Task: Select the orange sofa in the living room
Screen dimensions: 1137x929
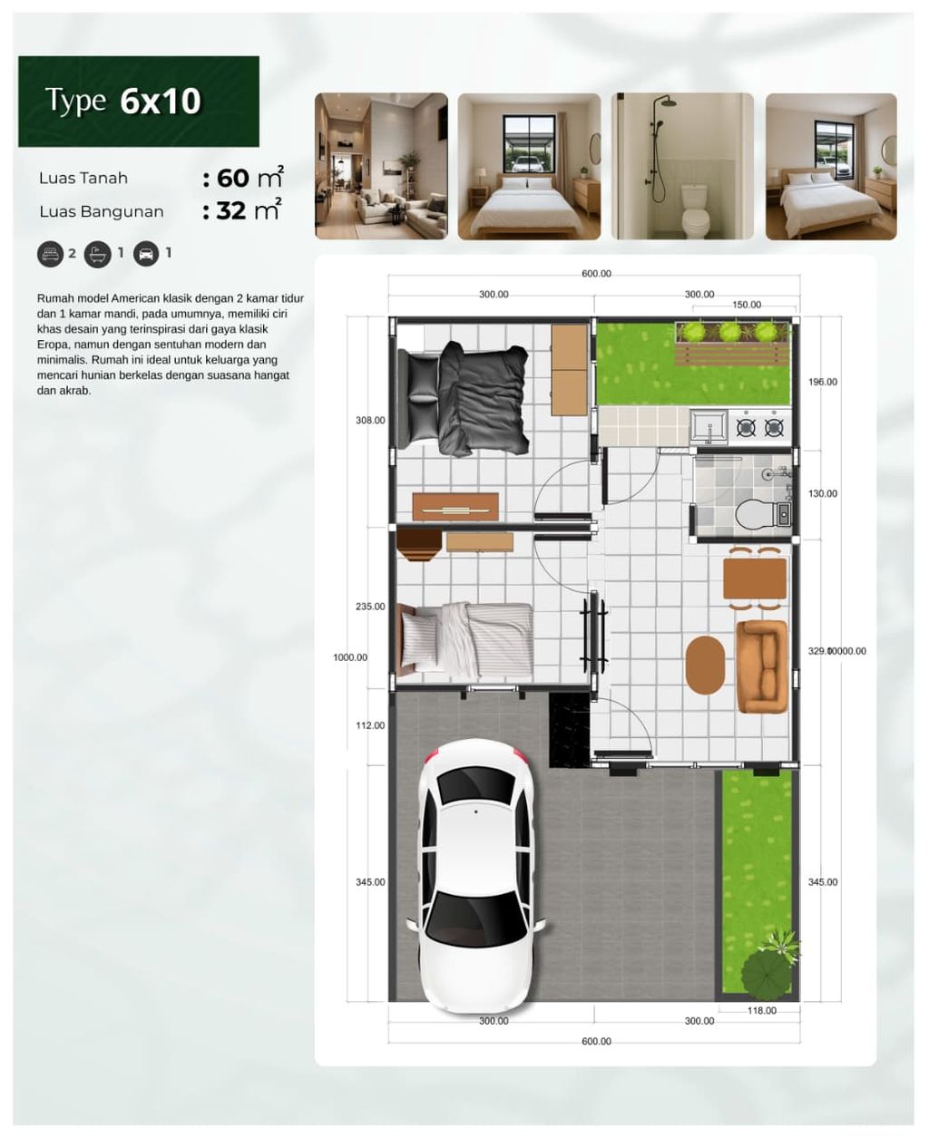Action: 760,666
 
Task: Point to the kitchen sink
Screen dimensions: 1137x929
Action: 708,426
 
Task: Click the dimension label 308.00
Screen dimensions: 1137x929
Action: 370,421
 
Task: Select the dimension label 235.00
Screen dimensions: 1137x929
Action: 370,607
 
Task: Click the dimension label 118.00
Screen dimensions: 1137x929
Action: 761,1010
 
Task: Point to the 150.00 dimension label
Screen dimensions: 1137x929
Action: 747,305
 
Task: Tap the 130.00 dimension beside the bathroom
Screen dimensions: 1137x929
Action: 823,494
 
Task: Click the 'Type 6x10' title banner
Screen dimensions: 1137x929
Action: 139,102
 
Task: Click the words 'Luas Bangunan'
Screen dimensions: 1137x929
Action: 102,212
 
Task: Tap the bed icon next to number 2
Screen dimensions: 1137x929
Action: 50,254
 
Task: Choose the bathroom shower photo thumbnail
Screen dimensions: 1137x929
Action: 682,166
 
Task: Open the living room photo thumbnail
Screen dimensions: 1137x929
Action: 381,166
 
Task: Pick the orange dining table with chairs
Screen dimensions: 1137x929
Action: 755,578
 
